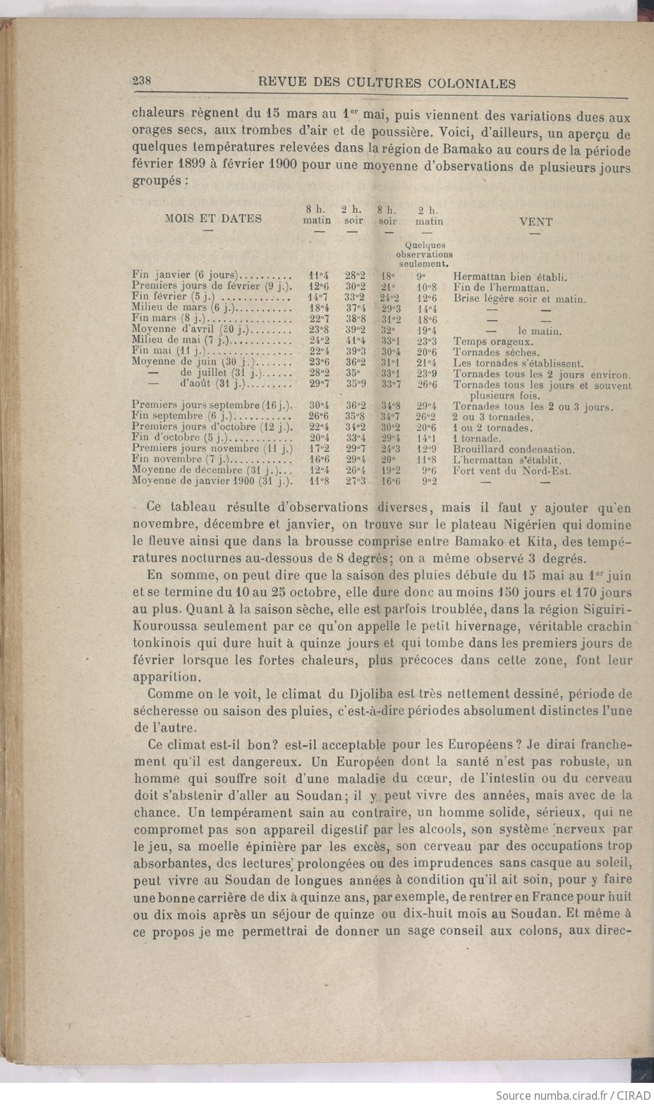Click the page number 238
(144, 81)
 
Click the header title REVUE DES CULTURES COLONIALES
(387, 82)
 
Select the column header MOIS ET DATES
(212, 219)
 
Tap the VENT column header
(535, 221)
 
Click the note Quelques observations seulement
(424, 254)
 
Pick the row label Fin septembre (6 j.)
(186, 416)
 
